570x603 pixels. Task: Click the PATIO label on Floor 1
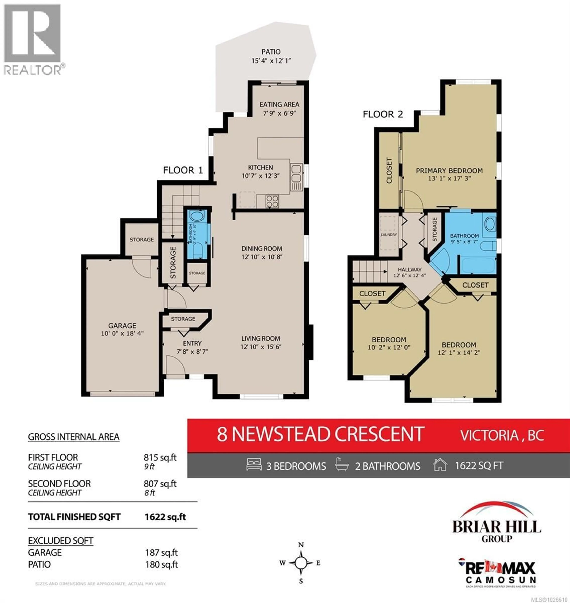click(271, 52)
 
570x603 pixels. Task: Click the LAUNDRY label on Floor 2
click(389, 235)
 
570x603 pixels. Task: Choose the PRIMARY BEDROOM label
click(449, 171)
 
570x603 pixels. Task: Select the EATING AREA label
click(279, 105)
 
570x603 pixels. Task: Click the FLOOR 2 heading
click(383, 114)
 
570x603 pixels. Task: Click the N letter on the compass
click(301, 545)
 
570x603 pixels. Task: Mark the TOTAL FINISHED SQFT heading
click(74, 517)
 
